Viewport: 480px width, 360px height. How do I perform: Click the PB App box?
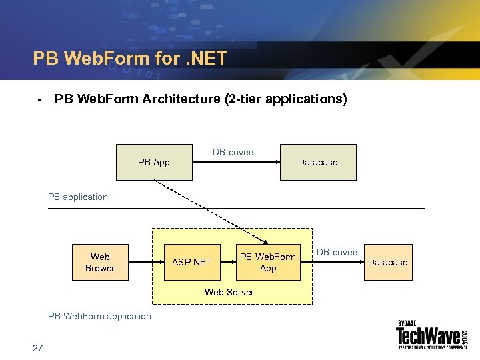[x=154, y=162]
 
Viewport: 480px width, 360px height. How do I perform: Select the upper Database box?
[x=318, y=162]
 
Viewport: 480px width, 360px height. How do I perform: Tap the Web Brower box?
[x=100, y=262]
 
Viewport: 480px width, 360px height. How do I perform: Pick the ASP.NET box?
[x=191, y=262]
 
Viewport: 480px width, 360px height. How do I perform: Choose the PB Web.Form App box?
[x=267, y=262]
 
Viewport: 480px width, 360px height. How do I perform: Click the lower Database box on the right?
[x=387, y=262]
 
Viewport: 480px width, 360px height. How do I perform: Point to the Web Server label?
[x=229, y=292]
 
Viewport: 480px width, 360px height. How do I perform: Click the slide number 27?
[x=37, y=347]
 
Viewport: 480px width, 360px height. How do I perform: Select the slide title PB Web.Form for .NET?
[x=130, y=59]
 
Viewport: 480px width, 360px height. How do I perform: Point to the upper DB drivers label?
[x=234, y=152]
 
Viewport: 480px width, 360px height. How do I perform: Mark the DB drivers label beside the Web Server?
[x=338, y=252]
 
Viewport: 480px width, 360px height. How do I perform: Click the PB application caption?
[x=78, y=197]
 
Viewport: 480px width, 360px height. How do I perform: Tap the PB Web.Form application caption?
[x=99, y=316]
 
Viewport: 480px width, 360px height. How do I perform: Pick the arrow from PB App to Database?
[x=235, y=162]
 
